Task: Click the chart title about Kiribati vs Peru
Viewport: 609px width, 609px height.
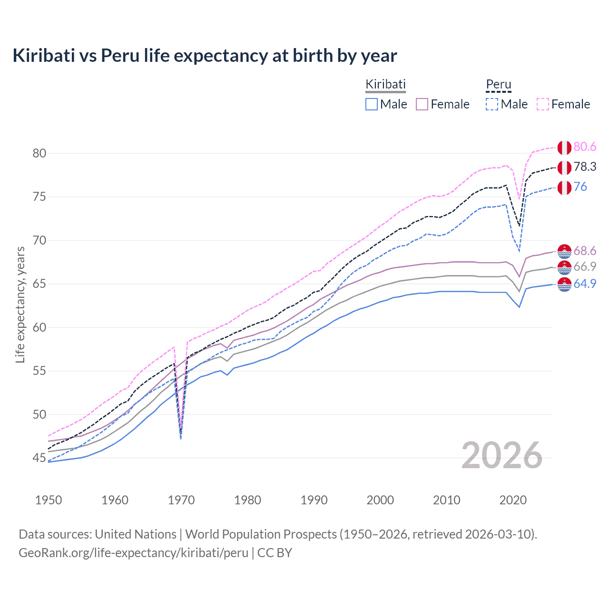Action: pyautogui.click(x=205, y=56)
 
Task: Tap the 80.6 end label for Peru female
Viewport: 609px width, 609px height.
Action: pyautogui.click(x=585, y=147)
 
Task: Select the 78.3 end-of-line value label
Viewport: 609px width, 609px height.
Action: pyautogui.click(x=585, y=167)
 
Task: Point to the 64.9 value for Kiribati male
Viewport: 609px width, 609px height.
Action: pyautogui.click(x=585, y=284)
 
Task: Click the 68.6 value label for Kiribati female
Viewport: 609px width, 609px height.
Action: pyautogui.click(x=585, y=251)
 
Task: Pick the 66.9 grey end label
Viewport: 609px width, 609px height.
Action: pyautogui.click(x=585, y=267)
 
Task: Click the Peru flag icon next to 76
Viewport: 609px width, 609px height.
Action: pyautogui.click(x=564, y=187)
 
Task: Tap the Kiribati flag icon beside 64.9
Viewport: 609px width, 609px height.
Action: pyautogui.click(x=564, y=285)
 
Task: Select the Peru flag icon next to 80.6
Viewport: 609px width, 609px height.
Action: pyautogui.click(x=564, y=147)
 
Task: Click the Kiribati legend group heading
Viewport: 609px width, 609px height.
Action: pyautogui.click(x=385, y=84)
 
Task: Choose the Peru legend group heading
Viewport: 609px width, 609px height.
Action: pyautogui.click(x=498, y=84)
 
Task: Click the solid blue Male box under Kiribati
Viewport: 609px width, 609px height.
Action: pyautogui.click(x=372, y=104)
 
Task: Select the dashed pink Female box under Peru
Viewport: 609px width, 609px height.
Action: pyautogui.click(x=543, y=104)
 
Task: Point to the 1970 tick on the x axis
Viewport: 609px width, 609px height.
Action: pyautogui.click(x=181, y=500)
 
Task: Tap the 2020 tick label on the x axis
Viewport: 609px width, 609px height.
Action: pyautogui.click(x=513, y=500)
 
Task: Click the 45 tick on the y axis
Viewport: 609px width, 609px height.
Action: pyautogui.click(x=39, y=458)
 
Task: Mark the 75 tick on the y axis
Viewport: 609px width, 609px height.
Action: pyautogui.click(x=39, y=197)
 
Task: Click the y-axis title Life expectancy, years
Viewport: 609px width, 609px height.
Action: pyautogui.click(x=20, y=304)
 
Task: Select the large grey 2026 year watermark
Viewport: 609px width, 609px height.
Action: pyautogui.click(x=501, y=455)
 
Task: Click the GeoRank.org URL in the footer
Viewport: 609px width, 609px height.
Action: pyautogui.click(x=133, y=553)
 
